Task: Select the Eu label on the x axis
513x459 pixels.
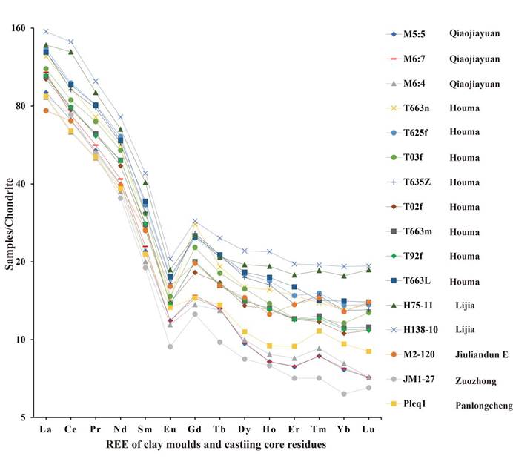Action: pyautogui.click(x=170, y=429)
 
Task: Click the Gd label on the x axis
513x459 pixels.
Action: pyautogui.click(x=194, y=429)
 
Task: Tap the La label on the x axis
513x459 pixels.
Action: pyautogui.click(x=46, y=429)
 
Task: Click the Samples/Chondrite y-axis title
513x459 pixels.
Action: pyautogui.click(x=10, y=222)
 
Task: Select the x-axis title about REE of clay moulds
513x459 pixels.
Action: pyautogui.click(x=205, y=444)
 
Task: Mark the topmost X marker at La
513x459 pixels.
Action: pyautogui.click(x=46, y=32)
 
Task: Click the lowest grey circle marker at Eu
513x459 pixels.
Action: pyautogui.click(x=170, y=347)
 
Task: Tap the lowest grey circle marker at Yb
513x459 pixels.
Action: pyautogui.click(x=343, y=394)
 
